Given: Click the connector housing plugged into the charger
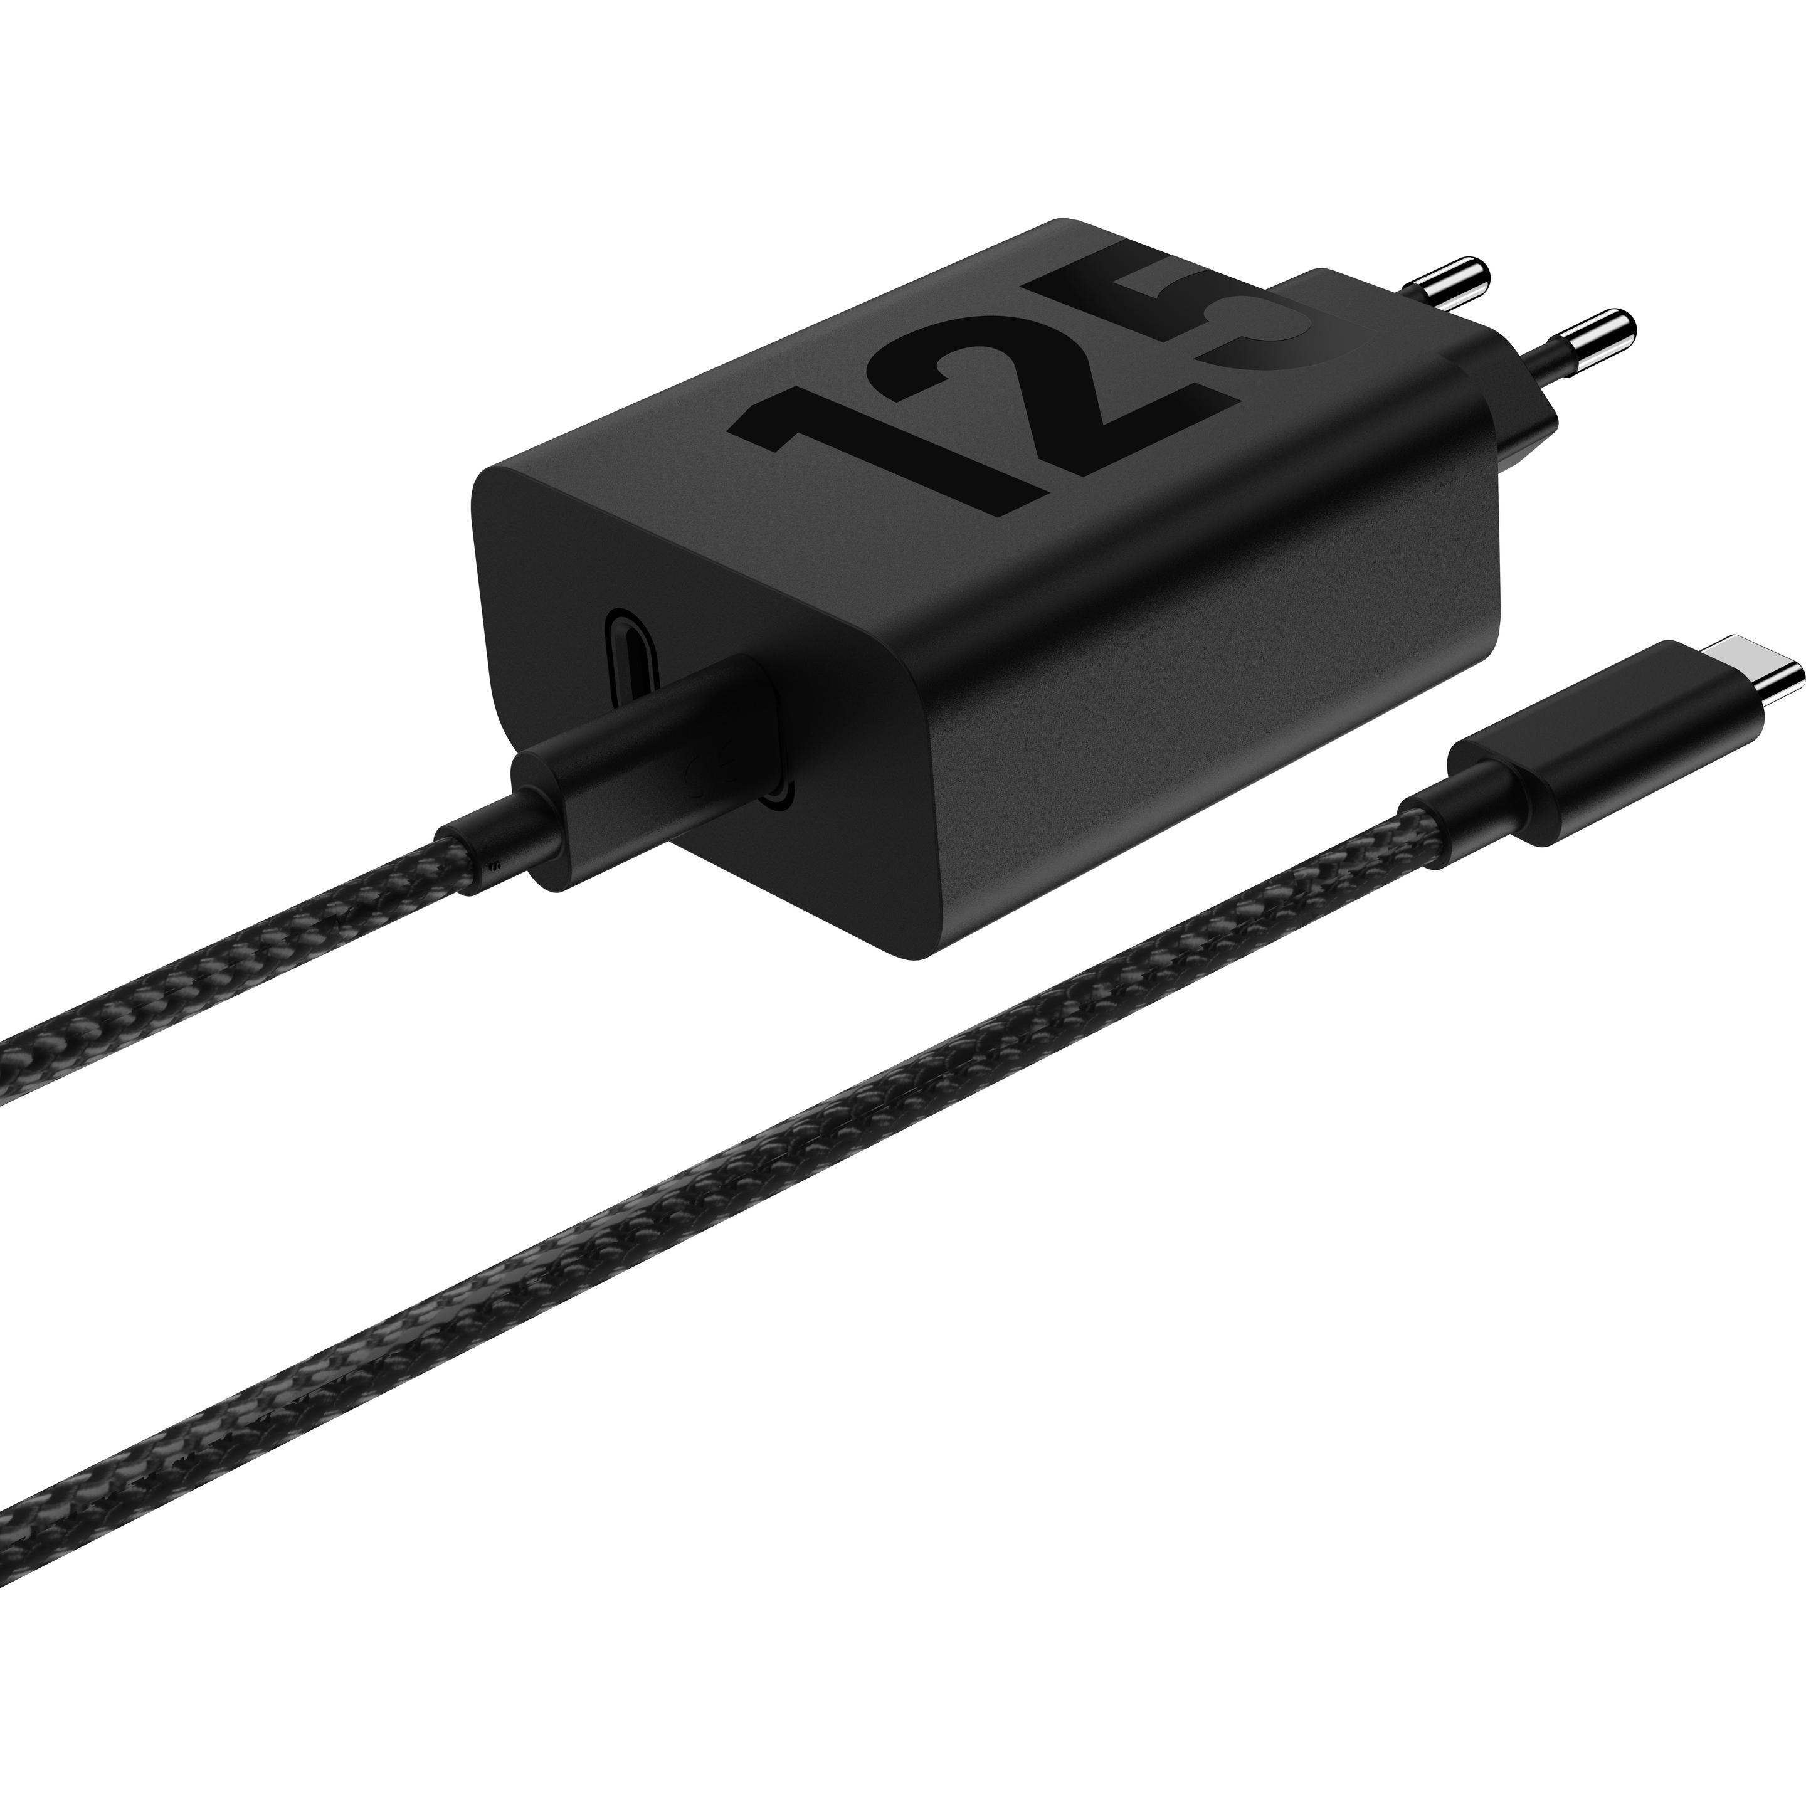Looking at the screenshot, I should click(x=654, y=739).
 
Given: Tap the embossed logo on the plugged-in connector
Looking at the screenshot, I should click(x=697, y=771).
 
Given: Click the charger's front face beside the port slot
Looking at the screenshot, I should click(x=542, y=579).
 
